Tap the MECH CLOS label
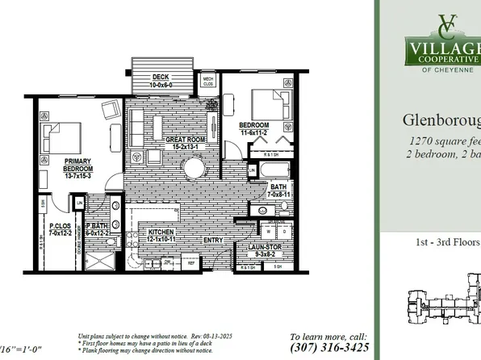pos(207,80)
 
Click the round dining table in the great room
pos(194,168)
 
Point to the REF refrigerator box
pos(193,262)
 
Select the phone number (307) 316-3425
pos(329,348)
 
